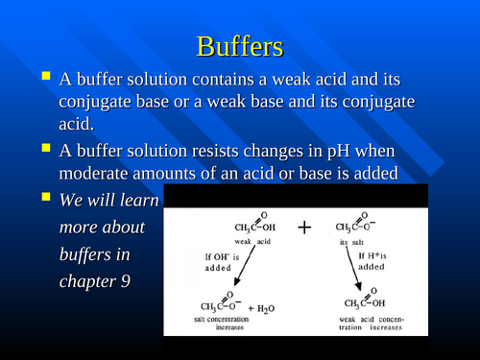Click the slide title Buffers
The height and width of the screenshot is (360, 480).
(x=240, y=45)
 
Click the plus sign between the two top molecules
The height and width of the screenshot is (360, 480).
(x=304, y=228)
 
